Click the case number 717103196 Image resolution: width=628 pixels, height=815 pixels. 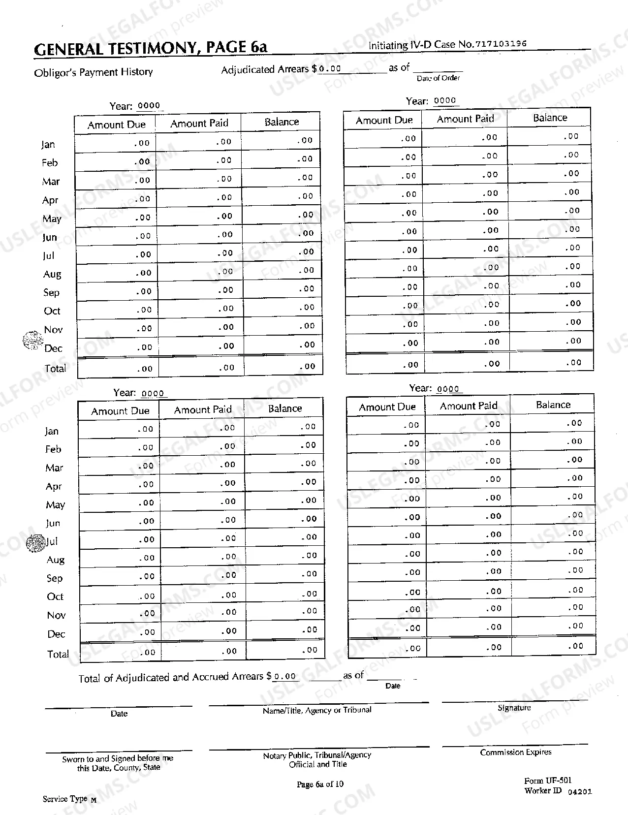tap(501, 43)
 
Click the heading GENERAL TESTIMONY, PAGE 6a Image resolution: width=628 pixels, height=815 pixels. tap(151, 47)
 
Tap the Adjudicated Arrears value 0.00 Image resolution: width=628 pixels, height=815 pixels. tap(330, 69)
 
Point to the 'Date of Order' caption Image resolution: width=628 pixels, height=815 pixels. tap(438, 78)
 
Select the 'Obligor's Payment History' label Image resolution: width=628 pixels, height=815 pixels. tap(94, 72)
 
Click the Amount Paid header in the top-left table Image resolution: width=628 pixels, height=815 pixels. tap(199, 123)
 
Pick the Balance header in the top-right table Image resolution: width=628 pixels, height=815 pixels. tap(550, 118)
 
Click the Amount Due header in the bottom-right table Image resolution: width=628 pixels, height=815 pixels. tap(387, 407)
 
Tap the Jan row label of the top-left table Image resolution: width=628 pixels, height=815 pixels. tap(48, 144)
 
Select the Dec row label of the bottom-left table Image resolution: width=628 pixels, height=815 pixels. tap(56, 634)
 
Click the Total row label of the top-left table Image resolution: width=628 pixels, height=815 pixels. tap(55, 368)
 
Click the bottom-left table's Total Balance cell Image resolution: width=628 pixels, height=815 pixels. tap(285, 650)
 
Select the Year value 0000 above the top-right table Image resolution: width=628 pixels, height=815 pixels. tap(445, 100)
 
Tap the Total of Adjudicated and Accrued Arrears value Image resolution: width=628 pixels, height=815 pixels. tap(285, 676)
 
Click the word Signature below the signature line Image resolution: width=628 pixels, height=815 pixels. tap(514, 708)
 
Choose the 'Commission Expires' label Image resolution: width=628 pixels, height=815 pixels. tap(516, 752)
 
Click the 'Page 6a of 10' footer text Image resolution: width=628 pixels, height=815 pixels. tap(320, 784)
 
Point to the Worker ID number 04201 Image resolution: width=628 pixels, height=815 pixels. tap(580, 792)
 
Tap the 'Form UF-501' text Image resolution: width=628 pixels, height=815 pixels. tap(548, 781)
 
